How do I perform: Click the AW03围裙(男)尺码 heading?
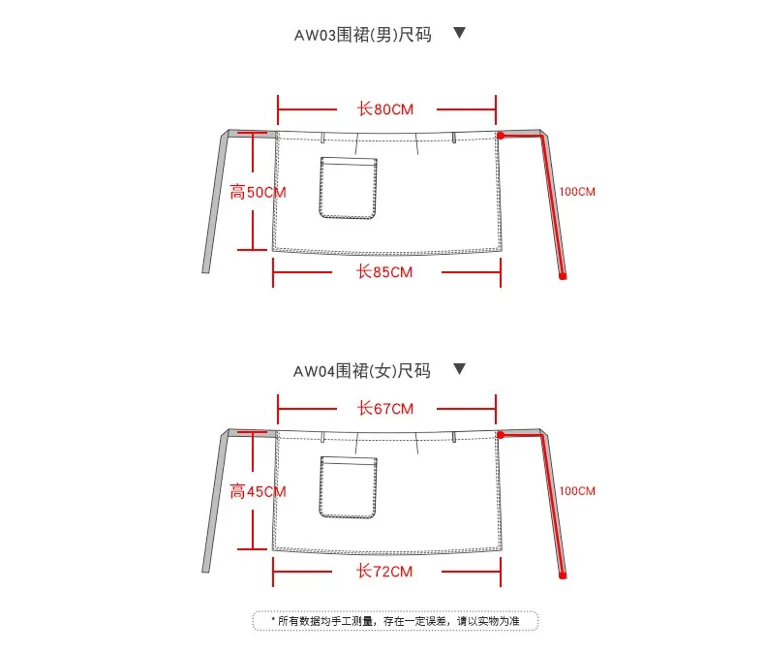tap(362, 35)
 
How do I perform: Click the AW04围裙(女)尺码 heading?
tap(362, 371)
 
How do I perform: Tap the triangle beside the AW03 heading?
tap(460, 33)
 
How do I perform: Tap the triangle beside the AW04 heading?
tap(460, 369)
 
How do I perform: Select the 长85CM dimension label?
tap(385, 272)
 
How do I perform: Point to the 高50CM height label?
tap(259, 192)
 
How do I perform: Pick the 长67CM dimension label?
tap(385, 408)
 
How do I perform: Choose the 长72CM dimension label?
tap(385, 572)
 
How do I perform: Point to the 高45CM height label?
tap(259, 491)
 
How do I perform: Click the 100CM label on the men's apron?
tap(577, 192)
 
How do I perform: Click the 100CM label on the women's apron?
tap(577, 491)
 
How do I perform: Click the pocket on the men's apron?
tap(348, 186)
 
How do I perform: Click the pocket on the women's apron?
tap(348, 485)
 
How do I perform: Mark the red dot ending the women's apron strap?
tap(563, 575)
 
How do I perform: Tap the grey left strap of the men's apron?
tap(214, 203)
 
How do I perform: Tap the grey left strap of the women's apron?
tap(214, 504)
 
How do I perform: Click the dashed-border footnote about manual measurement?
tap(395, 620)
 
